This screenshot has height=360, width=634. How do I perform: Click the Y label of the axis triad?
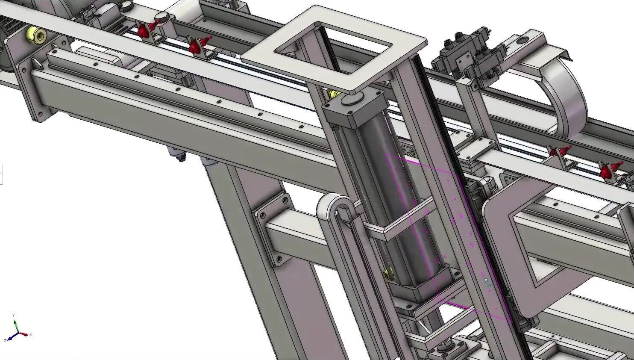(14, 315)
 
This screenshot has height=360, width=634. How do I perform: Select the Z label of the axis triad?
(5, 340)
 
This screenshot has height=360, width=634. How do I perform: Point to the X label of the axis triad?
(31, 334)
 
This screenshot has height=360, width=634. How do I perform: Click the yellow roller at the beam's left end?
(35, 35)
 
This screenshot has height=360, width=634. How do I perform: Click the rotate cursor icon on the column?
(488, 282)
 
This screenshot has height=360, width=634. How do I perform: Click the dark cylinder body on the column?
(397, 192)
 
